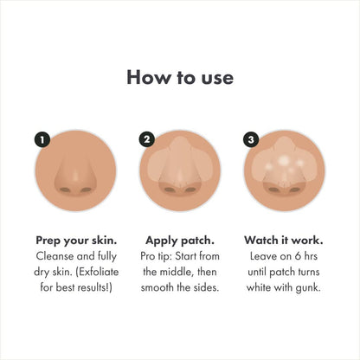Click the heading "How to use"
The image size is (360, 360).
[x=180, y=77]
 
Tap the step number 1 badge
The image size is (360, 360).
[x=40, y=138]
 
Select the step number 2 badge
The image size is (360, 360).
[x=147, y=138]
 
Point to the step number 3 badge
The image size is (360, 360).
[x=252, y=138]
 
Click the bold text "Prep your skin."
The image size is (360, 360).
[x=76, y=240]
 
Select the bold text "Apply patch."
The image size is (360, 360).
[x=180, y=240]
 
